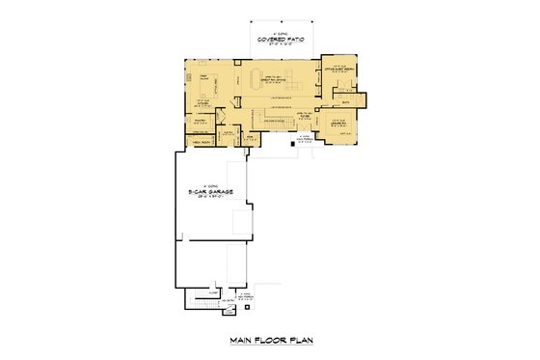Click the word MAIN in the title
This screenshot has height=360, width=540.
click(241, 339)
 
